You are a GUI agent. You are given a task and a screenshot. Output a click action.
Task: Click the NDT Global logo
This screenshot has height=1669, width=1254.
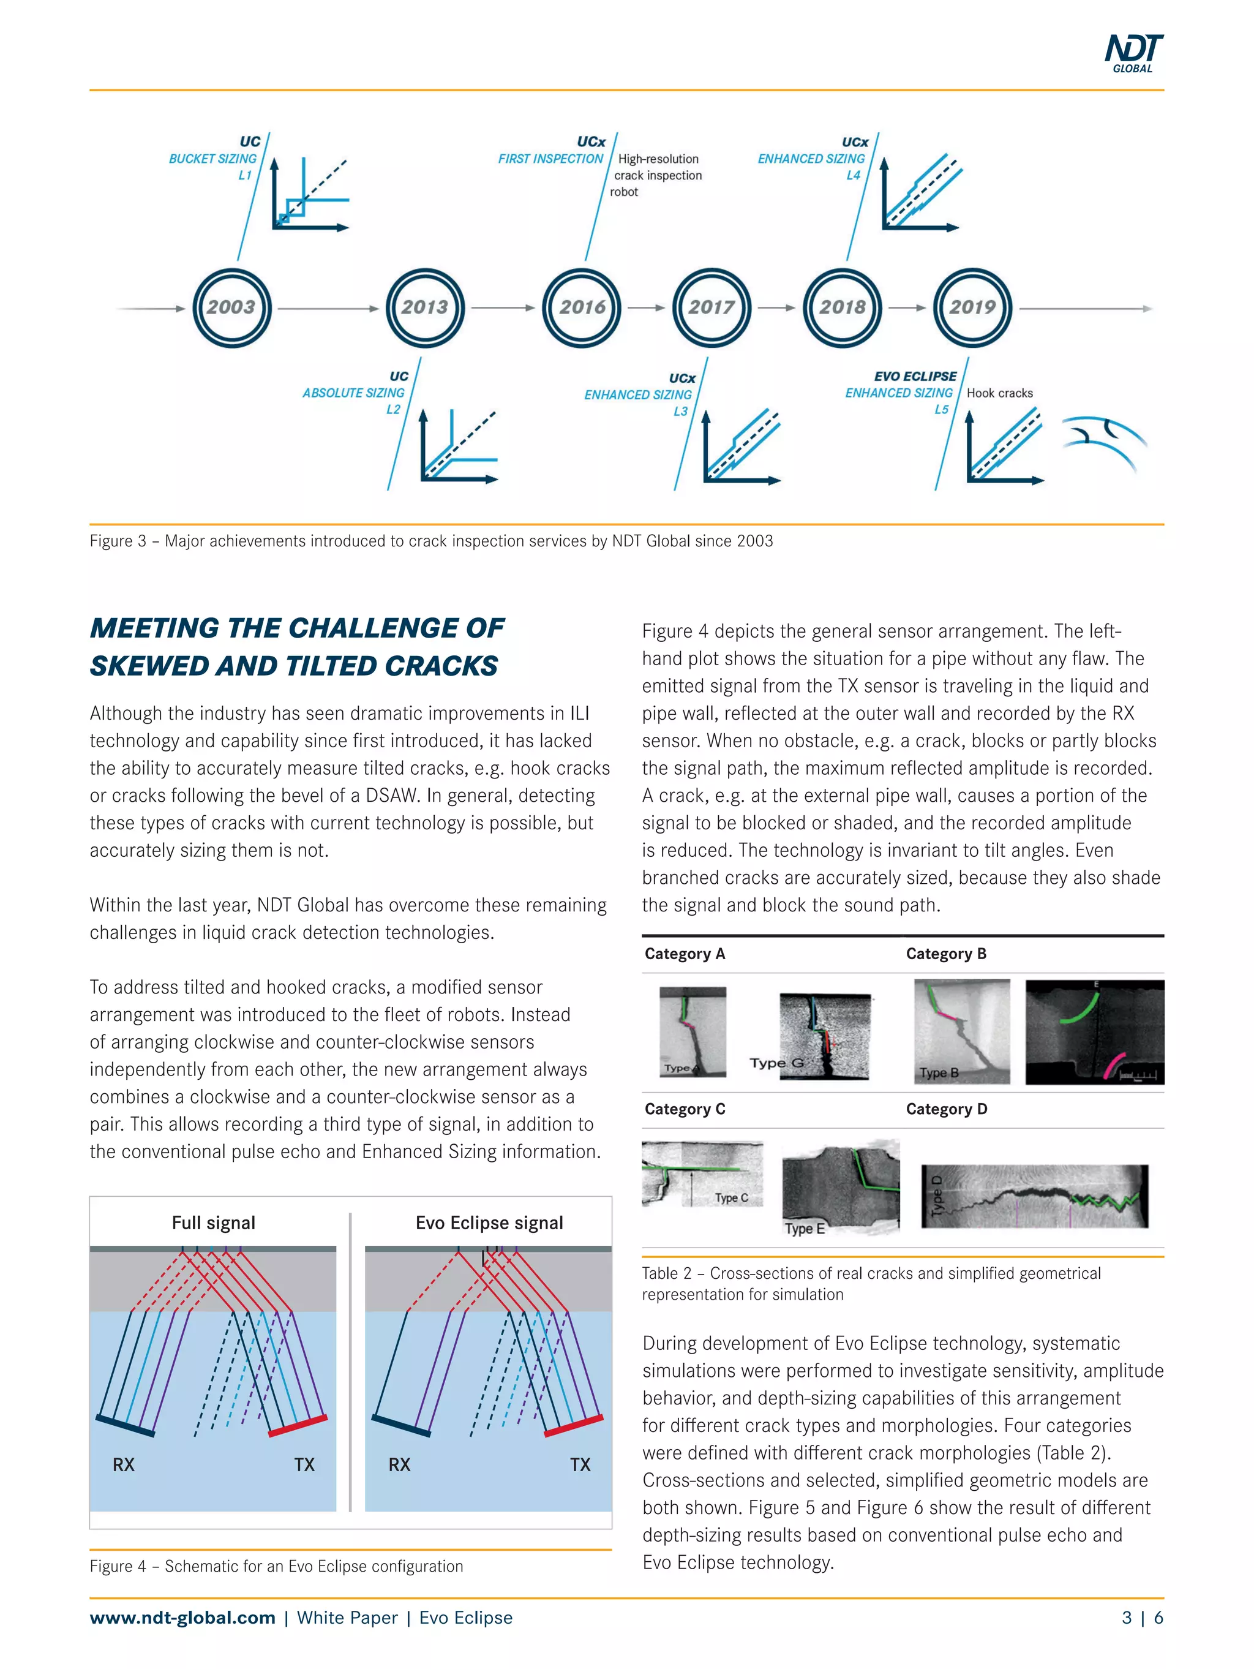coord(1133,53)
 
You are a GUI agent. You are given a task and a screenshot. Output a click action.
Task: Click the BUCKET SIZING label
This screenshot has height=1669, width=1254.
coord(212,159)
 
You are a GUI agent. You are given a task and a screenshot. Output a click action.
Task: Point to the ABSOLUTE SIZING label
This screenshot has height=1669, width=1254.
coord(353,393)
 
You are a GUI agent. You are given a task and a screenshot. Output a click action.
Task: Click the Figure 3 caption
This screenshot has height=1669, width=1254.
coord(431,541)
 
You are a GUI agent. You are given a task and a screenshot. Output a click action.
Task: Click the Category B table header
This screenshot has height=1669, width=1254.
coord(945,954)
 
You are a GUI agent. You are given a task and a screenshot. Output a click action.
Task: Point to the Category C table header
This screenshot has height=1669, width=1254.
coord(685,1109)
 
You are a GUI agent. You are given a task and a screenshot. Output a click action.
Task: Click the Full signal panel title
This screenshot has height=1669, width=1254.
coord(214,1223)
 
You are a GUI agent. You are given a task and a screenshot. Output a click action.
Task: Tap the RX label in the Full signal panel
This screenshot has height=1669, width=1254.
coord(124,1465)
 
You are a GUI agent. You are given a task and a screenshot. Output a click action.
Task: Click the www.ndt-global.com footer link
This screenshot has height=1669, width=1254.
coord(182,1617)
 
